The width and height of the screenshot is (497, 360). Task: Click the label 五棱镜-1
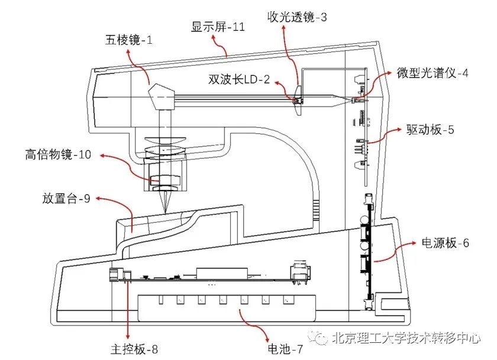pyautogui.click(x=129, y=41)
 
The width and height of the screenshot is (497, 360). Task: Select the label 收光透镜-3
pyautogui.click(x=297, y=17)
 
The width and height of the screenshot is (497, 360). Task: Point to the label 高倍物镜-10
pyautogui.click(x=59, y=155)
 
